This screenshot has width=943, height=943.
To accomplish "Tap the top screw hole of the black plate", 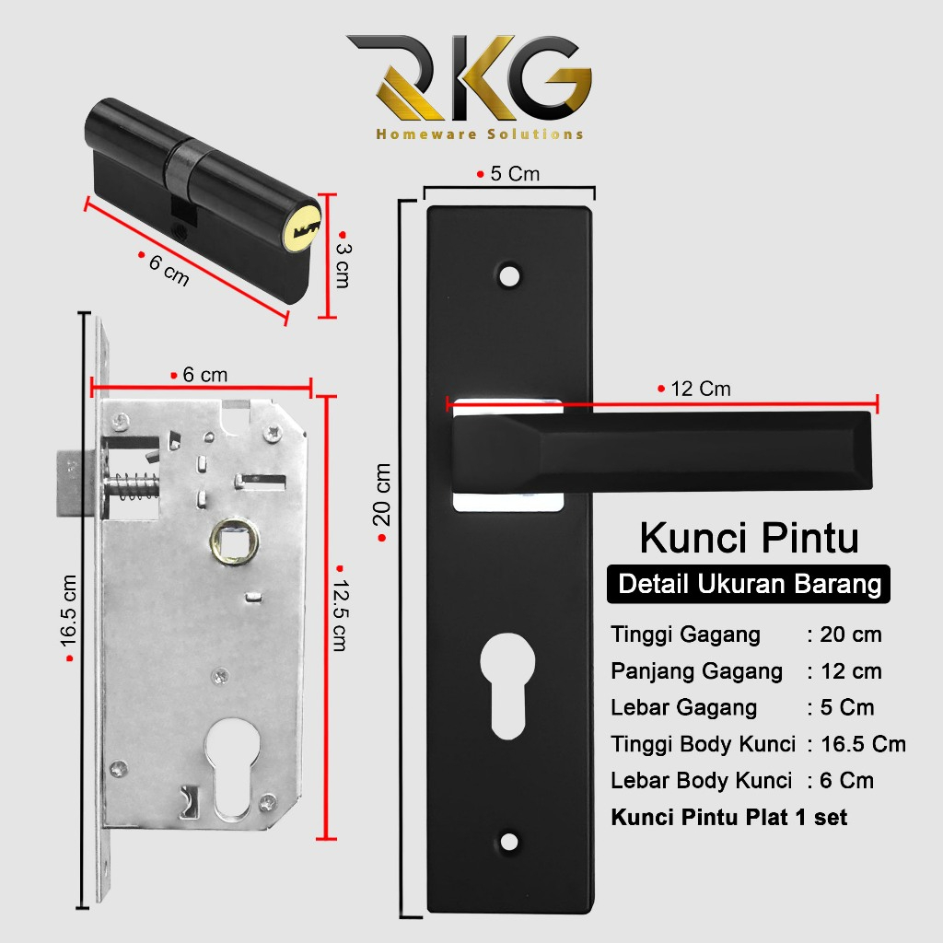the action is (x=507, y=274).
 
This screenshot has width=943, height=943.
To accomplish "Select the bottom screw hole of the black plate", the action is (x=507, y=840).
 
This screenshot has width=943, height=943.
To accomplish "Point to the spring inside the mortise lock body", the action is (x=129, y=484).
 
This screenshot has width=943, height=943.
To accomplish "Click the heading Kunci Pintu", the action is (x=749, y=539).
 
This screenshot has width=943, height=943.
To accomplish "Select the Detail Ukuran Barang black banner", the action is (x=749, y=584).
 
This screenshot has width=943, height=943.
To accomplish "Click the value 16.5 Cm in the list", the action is (x=863, y=744).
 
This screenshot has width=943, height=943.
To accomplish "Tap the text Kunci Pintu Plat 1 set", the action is (x=728, y=817).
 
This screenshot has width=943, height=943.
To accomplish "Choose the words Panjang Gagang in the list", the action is (x=696, y=671).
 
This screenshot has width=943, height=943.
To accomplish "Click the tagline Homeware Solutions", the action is (x=479, y=134).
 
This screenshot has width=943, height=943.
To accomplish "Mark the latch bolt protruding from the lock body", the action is (x=74, y=481).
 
